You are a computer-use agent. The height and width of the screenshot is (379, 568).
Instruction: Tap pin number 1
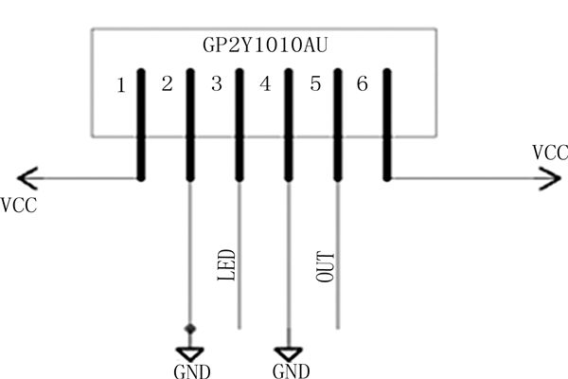click(x=120, y=86)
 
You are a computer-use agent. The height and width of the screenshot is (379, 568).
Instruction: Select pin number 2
click(x=168, y=85)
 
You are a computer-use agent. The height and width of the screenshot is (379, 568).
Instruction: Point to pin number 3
click(x=216, y=85)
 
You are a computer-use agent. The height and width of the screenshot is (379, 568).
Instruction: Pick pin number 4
click(x=265, y=85)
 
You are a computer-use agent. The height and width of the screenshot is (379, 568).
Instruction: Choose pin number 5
click(x=315, y=85)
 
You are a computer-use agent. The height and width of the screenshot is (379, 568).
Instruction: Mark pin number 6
click(x=362, y=85)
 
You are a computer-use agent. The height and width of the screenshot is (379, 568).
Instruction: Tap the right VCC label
click(x=550, y=152)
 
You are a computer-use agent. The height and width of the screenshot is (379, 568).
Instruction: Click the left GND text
click(x=192, y=370)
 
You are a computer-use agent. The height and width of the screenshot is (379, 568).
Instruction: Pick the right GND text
click(x=291, y=370)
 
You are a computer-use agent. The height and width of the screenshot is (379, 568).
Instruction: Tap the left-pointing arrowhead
click(x=27, y=177)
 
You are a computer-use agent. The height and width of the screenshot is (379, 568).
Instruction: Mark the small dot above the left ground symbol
click(x=191, y=329)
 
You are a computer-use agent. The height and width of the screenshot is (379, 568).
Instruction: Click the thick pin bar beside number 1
click(x=140, y=123)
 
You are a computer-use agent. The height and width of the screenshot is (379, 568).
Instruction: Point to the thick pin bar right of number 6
click(x=386, y=123)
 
